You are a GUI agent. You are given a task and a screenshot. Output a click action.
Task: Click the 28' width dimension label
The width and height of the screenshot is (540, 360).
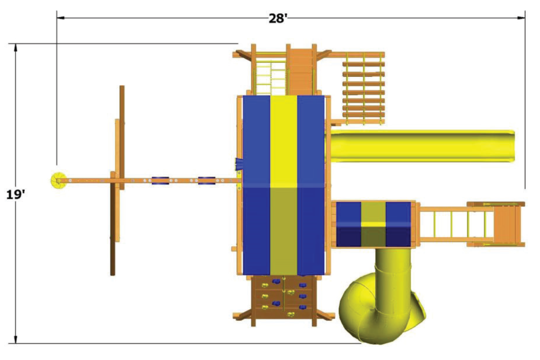point(277,18)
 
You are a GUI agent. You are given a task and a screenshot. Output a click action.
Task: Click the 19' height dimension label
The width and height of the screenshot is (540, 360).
point(15,195)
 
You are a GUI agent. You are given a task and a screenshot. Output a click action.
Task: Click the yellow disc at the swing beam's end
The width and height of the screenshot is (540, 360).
point(58,180)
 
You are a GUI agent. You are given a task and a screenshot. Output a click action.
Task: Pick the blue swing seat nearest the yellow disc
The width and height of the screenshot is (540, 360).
point(160,181)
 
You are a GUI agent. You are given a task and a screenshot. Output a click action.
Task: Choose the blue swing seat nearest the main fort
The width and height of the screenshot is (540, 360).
point(207,181)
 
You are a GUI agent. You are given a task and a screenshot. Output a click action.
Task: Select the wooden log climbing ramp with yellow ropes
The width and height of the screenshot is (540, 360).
point(363,88)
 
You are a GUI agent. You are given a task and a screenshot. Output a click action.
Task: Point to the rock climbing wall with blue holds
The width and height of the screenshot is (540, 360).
point(284,296)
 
